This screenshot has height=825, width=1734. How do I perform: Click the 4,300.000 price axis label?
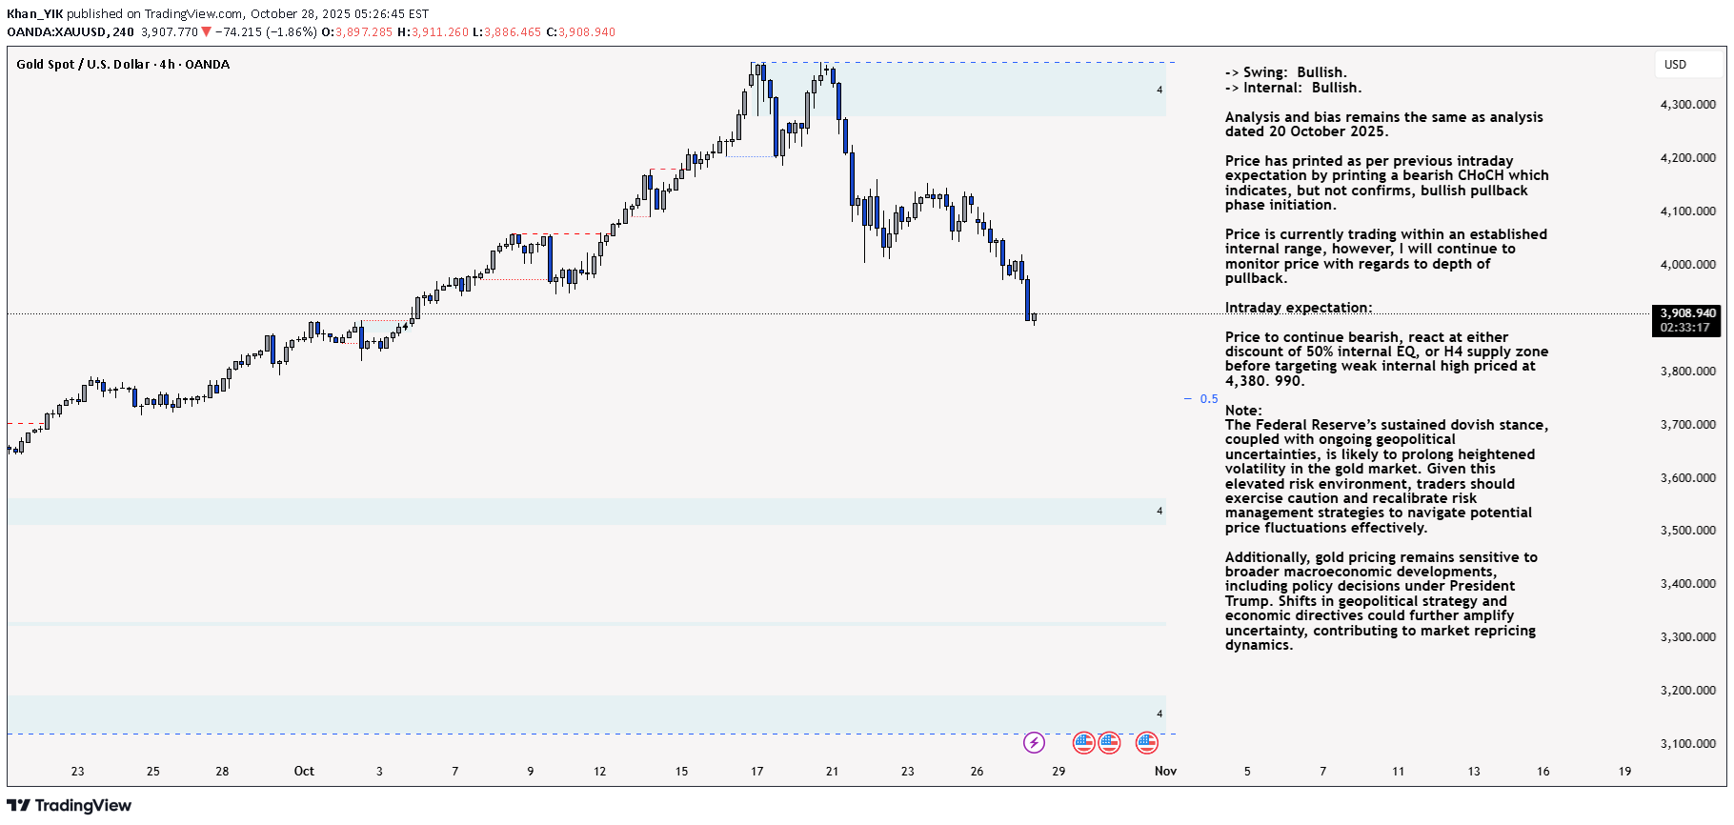pyautogui.click(x=1687, y=105)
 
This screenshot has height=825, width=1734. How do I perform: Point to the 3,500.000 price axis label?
pyautogui.click(x=1687, y=531)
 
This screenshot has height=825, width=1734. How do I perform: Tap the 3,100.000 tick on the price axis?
pyautogui.click(x=1687, y=744)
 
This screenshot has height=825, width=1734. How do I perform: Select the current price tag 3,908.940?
pyautogui.click(x=1687, y=313)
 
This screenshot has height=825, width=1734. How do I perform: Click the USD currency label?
pyautogui.click(x=1675, y=65)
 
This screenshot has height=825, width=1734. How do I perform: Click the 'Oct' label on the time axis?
pyautogui.click(x=304, y=772)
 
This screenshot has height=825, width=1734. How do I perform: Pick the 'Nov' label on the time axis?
pyautogui.click(x=1165, y=772)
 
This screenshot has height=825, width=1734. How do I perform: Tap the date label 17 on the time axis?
pyautogui.click(x=756, y=772)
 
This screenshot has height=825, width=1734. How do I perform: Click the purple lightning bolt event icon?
pyautogui.click(x=1034, y=742)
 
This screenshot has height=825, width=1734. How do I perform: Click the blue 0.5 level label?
pyautogui.click(x=1208, y=399)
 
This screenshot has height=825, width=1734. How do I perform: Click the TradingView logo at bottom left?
pyautogui.click(x=69, y=806)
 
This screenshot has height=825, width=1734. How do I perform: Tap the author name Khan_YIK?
pyautogui.click(x=34, y=14)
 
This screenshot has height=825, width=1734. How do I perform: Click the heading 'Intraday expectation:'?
pyautogui.click(x=1299, y=308)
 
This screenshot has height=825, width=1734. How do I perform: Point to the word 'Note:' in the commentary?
pyautogui.click(x=1243, y=411)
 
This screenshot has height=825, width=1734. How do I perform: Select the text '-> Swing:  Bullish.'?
pyautogui.click(x=1285, y=72)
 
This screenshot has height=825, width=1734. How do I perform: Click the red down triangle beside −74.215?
pyautogui.click(x=206, y=32)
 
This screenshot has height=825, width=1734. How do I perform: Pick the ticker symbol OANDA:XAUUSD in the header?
pyautogui.click(x=56, y=32)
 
